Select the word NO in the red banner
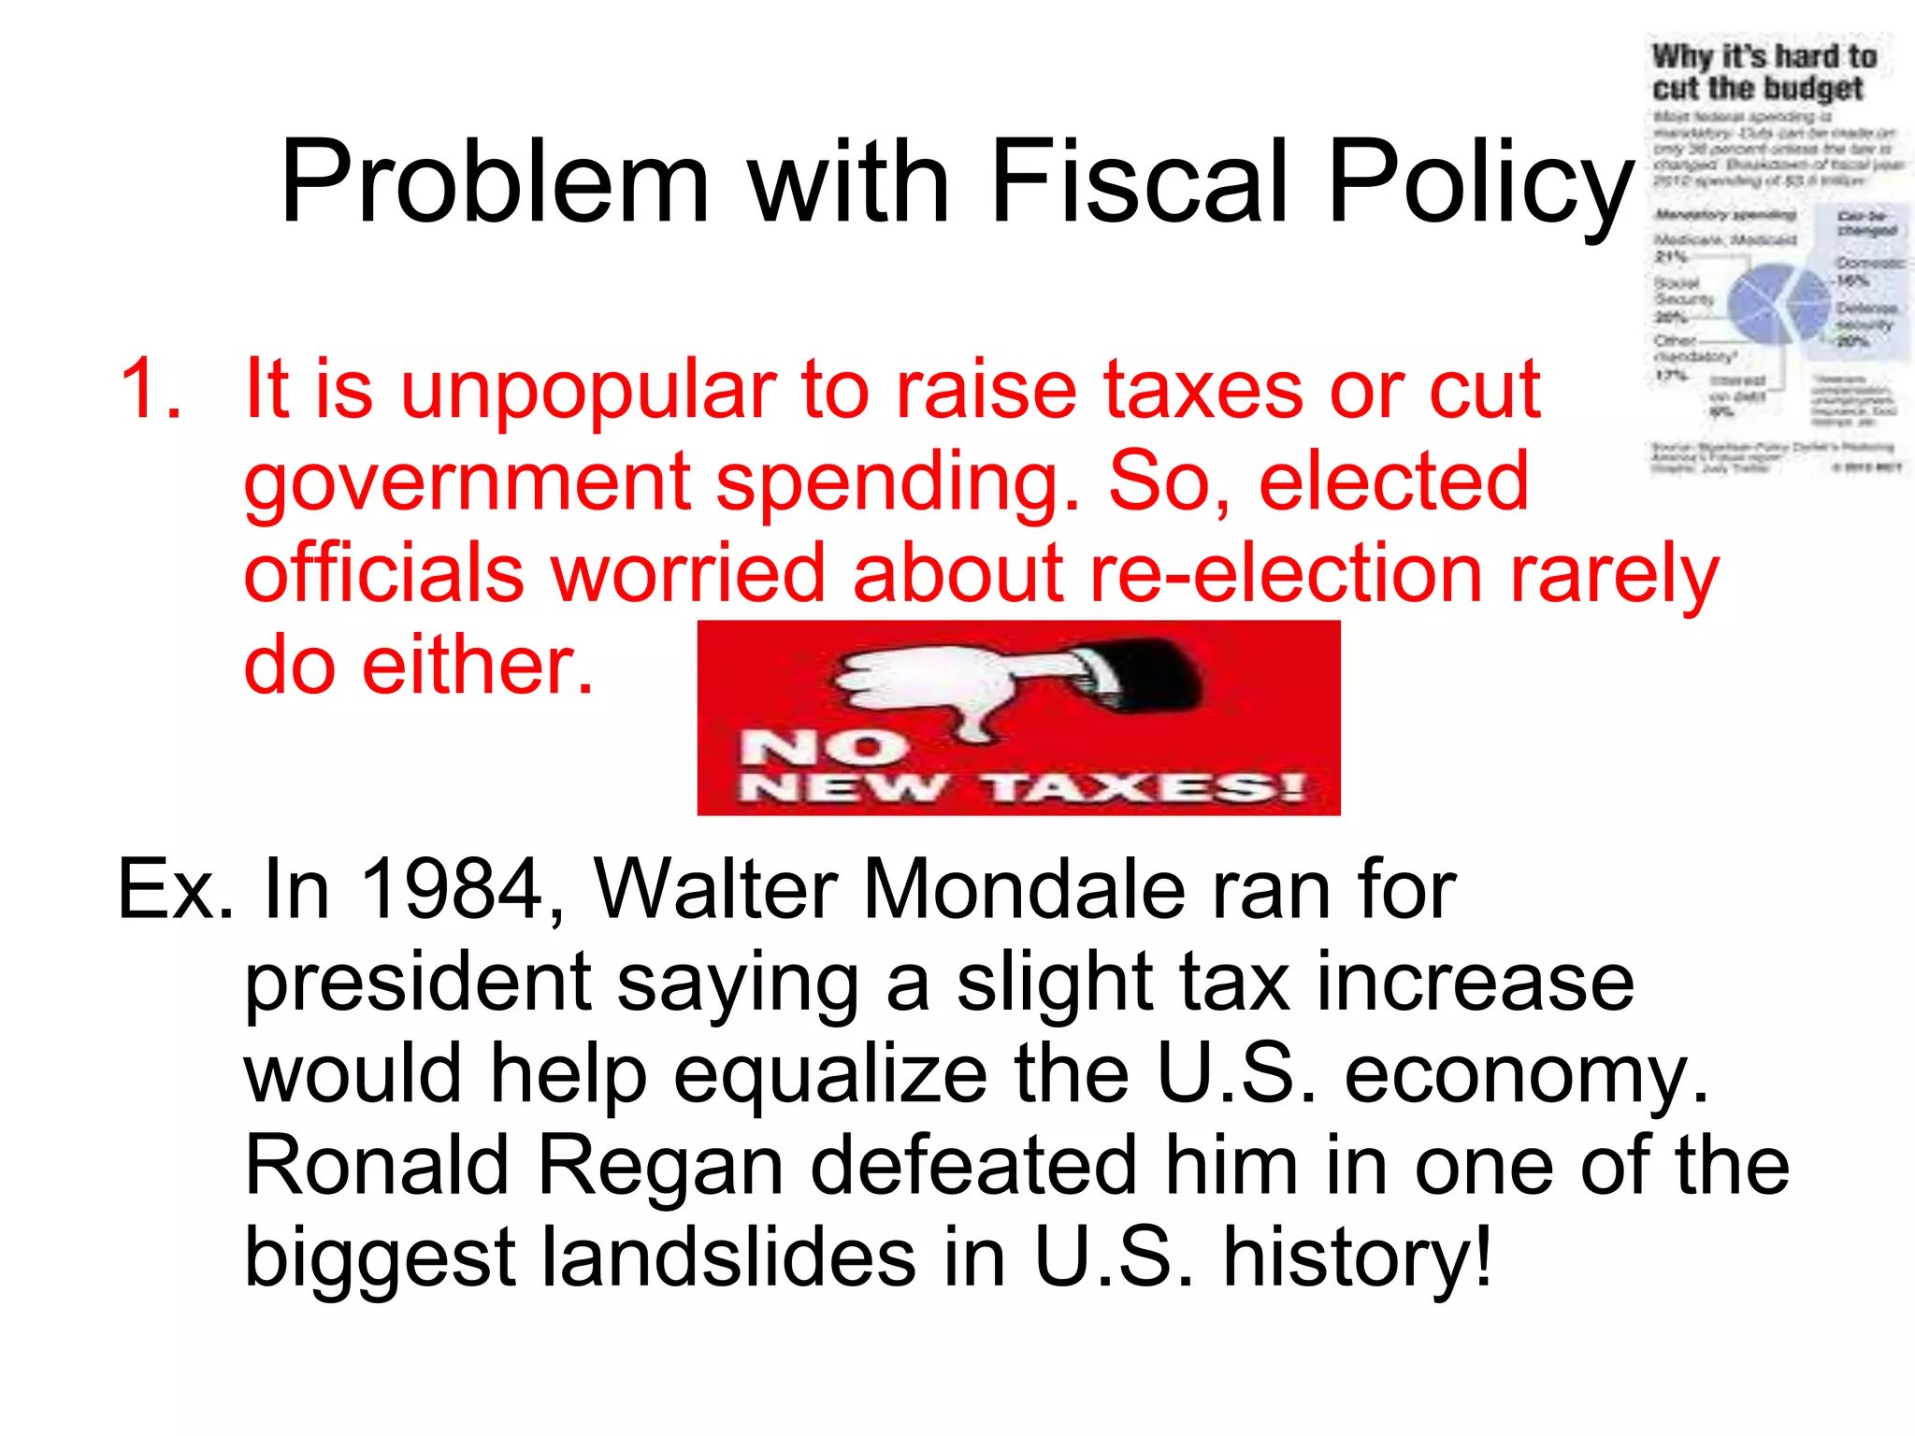tap(823, 747)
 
